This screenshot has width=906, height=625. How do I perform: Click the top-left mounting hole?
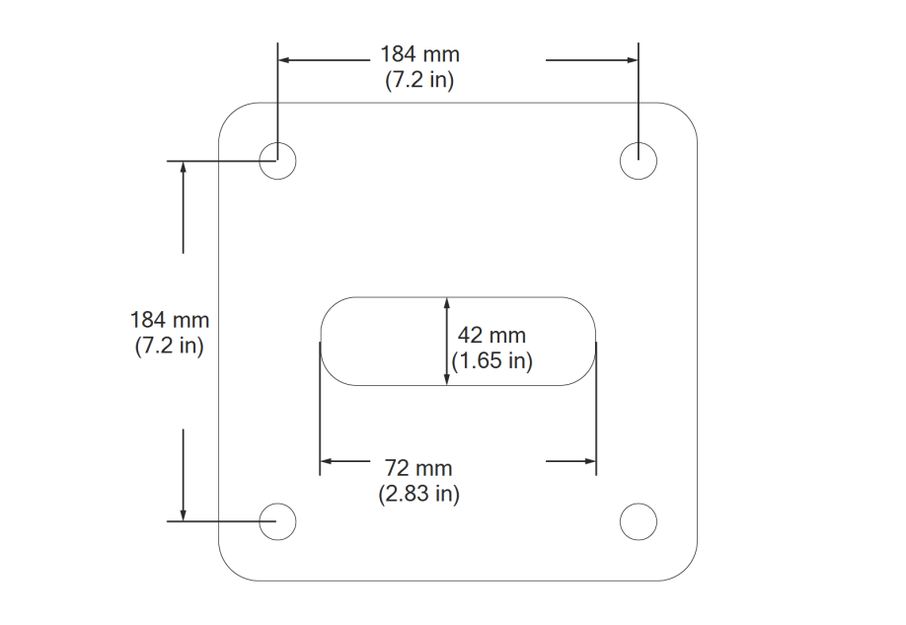[278, 159]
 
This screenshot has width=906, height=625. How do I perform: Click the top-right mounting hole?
[639, 159]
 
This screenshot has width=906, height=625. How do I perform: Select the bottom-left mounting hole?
[278, 520]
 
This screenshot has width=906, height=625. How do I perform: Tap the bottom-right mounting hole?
[639, 520]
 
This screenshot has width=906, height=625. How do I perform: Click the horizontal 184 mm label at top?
[419, 54]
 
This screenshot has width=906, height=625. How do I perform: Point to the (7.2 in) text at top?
[419, 81]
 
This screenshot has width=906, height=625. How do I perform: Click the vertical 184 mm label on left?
[169, 320]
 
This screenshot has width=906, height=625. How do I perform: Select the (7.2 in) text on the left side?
[169, 347]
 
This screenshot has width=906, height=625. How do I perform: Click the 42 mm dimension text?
[491, 335]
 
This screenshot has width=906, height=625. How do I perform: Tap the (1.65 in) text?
[491, 361]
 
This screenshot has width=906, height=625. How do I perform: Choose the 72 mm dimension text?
[418, 467]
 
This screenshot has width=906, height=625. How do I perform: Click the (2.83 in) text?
[418, 494]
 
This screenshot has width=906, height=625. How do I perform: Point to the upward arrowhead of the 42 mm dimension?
[447, 303]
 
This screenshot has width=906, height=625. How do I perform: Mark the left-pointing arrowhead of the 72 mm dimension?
[327, 461]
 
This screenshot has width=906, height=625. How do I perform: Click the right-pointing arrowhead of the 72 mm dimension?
[589, 461]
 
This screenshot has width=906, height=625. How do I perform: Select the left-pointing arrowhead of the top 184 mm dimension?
[285, 60]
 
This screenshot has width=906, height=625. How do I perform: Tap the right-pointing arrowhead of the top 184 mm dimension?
[632, 60]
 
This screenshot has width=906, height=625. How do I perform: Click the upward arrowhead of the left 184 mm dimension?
[183, 167]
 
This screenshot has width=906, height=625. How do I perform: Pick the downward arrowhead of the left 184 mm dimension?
[183, 513]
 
